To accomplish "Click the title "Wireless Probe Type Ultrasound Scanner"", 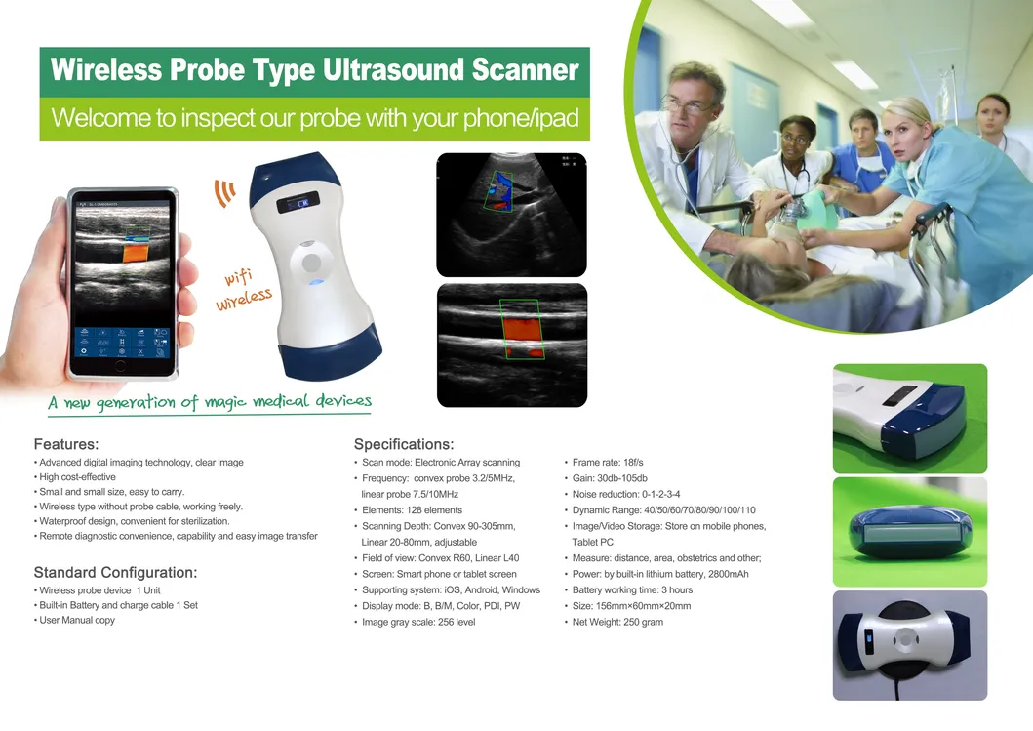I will tap(314, 71).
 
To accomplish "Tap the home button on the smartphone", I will tap(120, 365).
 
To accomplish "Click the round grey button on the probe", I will tap(311, 263).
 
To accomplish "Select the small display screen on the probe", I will tap(298, 204).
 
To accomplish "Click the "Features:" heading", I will tap(66, 445).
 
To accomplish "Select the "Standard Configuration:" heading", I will tap(115, 572).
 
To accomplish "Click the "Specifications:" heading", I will tap(404, 445).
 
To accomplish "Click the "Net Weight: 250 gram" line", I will tap(617, 622).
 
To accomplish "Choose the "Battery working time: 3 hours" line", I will tap(632, 589).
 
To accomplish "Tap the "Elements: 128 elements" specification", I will tap(412, 509).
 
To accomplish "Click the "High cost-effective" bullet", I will tap(77, 477).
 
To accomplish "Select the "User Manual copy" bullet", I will tap(77, 620).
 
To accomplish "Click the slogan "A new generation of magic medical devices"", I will tap(211, 401).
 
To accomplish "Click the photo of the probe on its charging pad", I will tap(909, 645).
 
